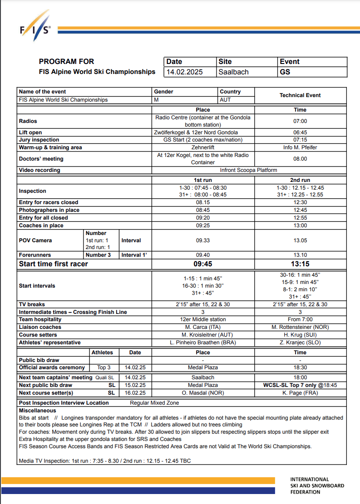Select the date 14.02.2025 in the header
click(x=185, y=72)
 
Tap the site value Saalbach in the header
click(x=233, y=72)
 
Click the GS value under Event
click(x=285, y=72)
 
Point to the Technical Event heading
click(x=300, y=95)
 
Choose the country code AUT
click(x=226, y=100)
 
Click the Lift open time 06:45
click(x=300, y=132)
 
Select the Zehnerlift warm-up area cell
click(x=203, y=147)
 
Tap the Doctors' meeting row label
click(x=41, y=159)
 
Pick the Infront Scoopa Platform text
click(x=248, y=170)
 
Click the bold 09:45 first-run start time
click(x=203, y=264)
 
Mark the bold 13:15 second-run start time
click(x=300, y=264)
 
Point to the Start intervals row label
click(x=37, y=286)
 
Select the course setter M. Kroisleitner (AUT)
click(x=203, y=335)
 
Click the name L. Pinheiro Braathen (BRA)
click(x=203, y=343)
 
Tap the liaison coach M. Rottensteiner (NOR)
click(x=300, y=327)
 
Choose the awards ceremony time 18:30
click(x=300, y=367)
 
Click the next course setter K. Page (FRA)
click(x=300, y=393)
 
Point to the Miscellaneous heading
click(x=37, y=411)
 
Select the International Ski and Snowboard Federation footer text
click(x=317, y=485)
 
